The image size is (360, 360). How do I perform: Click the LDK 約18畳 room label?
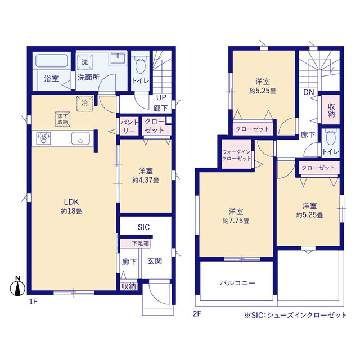tap(71, 206)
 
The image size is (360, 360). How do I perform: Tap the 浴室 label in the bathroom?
tap(51, 79)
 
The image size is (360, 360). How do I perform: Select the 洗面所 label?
tap(88, 78)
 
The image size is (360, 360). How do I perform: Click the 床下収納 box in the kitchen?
tap(62, 119)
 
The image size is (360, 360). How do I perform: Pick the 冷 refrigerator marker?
tap(84, 103)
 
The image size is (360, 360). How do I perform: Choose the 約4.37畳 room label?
tap(145, 175)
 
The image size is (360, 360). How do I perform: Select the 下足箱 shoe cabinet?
tap(140, 244)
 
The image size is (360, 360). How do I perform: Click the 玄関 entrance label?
tap(155, 261)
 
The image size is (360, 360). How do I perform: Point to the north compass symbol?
tap(17, 287)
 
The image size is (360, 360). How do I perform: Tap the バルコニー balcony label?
tap(237, 283)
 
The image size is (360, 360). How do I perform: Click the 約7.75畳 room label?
tap(236, 217)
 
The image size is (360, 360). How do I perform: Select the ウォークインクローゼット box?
tap(237, 156)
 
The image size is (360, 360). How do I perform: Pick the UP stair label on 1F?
tap(160, 97)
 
